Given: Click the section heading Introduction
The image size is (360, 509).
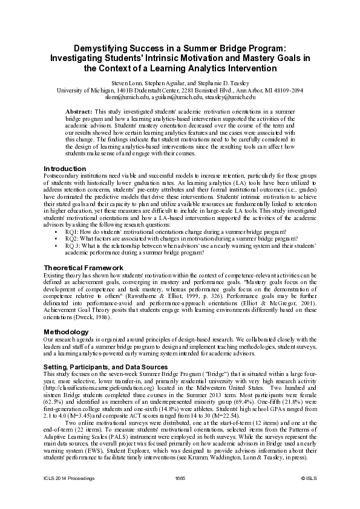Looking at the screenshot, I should pos(64,168).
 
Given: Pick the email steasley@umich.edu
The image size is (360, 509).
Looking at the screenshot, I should pos(227,97).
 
